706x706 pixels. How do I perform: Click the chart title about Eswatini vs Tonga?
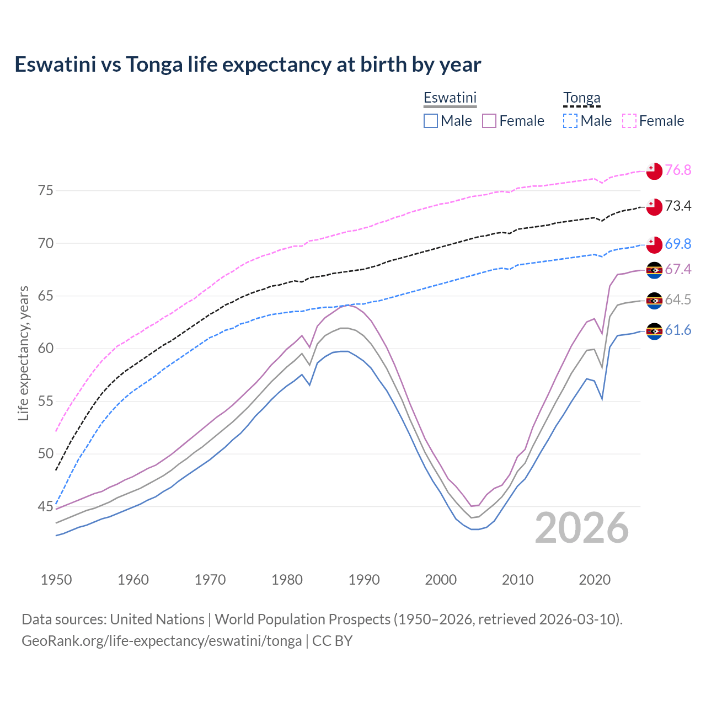(x=248, y=65)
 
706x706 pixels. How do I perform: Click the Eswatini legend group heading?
(x=450, y=98)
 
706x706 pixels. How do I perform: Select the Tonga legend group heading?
(x=581, y=98)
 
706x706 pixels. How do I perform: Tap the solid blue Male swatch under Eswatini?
(x=431, y=121)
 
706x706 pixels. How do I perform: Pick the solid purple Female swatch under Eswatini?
(x=490, y=121)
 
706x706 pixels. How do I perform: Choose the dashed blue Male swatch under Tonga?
(x=570, y=121)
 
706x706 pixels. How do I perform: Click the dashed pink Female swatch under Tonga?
(x=629, y=121)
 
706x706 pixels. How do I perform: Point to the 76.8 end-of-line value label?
(x=678, y=170)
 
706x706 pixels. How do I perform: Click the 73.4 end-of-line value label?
(x=678, y=206)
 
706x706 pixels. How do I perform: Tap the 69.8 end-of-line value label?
(x=678, y=244)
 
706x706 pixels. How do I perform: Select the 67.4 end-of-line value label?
(x=678, y=269)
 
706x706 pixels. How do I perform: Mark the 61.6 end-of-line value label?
(x=678, y=330)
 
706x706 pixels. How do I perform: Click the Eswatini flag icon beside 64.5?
(x=654, y=301)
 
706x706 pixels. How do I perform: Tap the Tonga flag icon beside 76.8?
(x=654, y=171)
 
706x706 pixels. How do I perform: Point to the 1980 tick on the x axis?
(x=287, y=580)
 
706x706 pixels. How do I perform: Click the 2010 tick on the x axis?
(x=518, y=580)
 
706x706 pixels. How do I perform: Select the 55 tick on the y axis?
(x=46, y=401)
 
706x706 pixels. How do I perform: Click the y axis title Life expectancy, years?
(x=24, y=353)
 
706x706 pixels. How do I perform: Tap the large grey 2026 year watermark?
(x=582, y=528)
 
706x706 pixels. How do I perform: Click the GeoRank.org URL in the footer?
(x=162, y=641)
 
